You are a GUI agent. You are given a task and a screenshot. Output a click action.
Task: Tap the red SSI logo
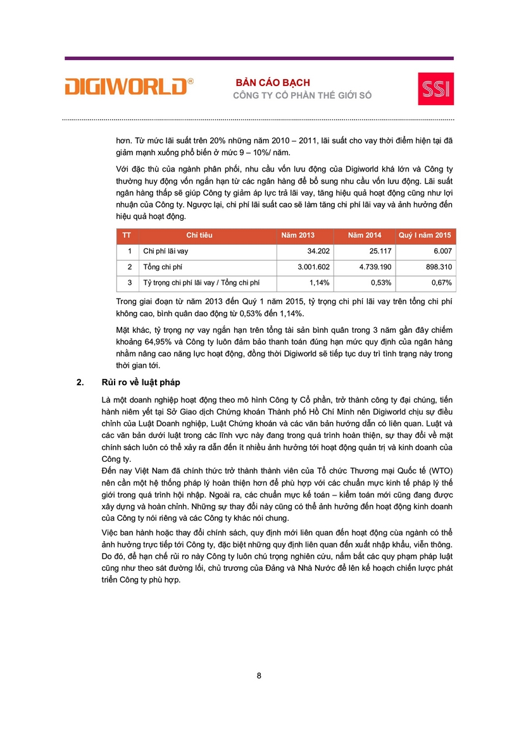435,89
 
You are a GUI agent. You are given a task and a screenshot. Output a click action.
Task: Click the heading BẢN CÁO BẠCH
273,83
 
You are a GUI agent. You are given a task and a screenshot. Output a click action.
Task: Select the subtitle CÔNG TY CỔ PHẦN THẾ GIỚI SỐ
303,96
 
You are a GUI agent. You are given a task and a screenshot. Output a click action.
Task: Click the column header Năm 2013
297,235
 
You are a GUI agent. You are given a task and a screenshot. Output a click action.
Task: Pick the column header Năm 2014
365,235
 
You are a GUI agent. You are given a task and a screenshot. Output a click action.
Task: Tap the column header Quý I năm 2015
424,235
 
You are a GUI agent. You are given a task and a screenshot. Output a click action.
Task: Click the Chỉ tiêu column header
199,235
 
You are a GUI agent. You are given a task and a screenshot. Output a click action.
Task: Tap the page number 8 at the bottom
259,676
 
